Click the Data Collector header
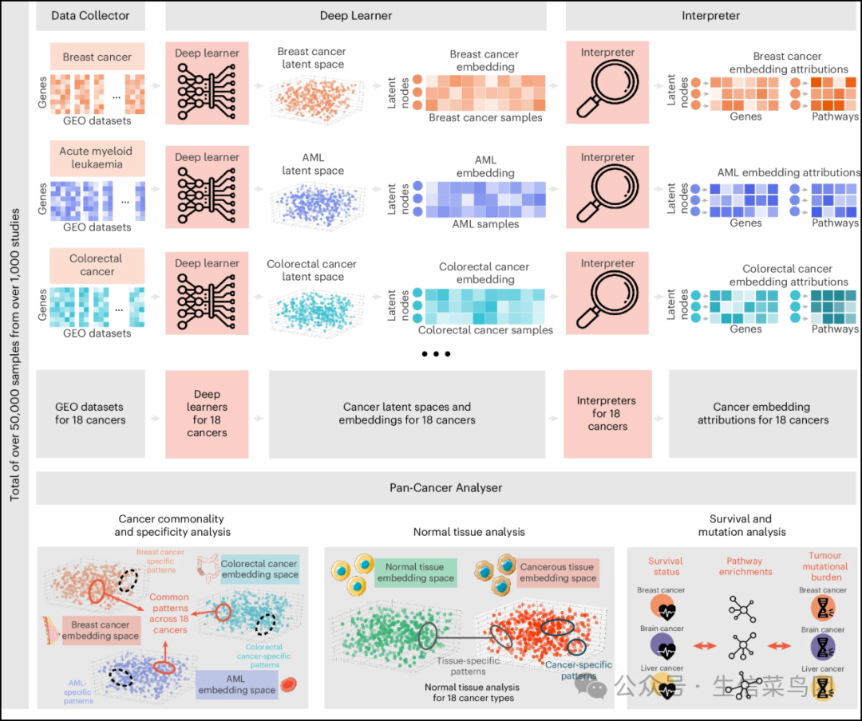click(90, 15)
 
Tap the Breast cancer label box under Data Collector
click(97, 57)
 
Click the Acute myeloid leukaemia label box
click(96, 158)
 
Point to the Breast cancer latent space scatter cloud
click(310, 99)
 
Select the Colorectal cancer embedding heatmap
click(485, 305)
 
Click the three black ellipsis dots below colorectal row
click(437, 353)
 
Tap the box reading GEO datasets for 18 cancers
click(90, 413)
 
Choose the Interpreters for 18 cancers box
click(607, 413)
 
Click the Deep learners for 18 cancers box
click(207, 413)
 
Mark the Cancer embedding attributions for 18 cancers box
click(762, 413)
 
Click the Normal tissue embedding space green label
click(415, 572)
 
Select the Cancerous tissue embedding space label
click(557, 572)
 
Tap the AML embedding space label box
click(236, 684)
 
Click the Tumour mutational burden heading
click(825, 566)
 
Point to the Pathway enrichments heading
click(744, 566)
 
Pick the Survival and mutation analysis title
click(741, 525)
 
